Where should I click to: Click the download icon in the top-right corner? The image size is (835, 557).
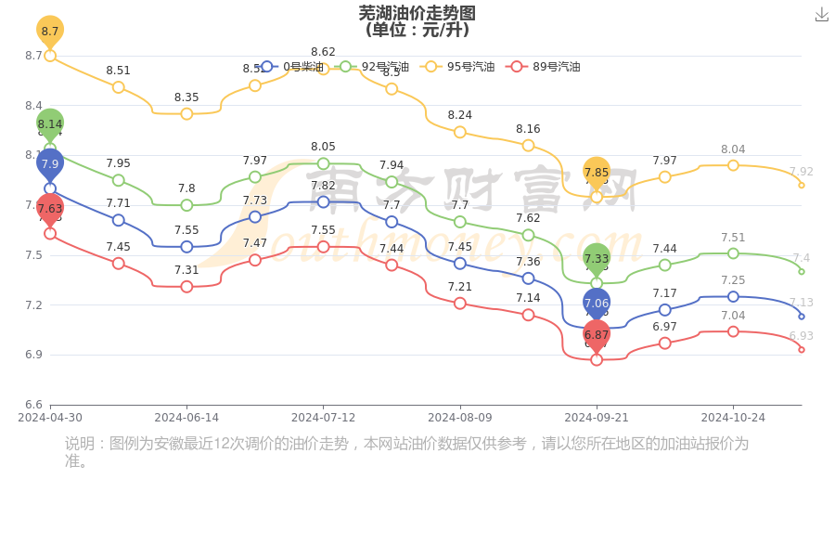point(821,14)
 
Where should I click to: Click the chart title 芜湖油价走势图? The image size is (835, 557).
point(417,13)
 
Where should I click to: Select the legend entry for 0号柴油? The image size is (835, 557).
point(293,67)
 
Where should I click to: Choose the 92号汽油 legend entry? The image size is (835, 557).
point(374,67)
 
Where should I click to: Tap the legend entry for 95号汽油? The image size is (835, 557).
point(458,67)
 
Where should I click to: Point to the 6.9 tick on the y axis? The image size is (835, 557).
point(33,355)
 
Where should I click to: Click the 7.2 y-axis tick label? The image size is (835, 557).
point(33,304)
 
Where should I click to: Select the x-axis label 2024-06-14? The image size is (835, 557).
point(186,418)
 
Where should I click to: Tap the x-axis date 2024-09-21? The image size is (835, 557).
point(597,418)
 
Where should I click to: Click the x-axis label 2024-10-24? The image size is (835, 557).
point(733,418)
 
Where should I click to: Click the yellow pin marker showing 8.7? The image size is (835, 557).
point(50,31)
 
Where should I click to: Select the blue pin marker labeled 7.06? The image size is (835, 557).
point(597,303)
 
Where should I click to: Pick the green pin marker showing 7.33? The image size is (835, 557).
point(597,258)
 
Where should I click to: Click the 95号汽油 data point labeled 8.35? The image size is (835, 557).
point(186,113)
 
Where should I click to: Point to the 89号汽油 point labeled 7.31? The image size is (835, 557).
point(186,286)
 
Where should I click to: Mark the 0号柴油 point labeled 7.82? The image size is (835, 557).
point(323,201)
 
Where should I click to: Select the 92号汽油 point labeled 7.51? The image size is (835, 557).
point(733,253)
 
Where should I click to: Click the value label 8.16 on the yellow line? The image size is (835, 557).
point(528,129)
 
